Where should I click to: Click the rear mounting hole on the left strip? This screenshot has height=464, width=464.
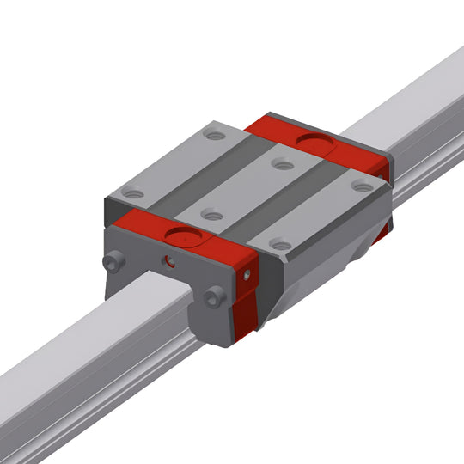pos(215,136)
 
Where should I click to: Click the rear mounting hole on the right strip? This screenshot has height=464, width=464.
pos(362,186)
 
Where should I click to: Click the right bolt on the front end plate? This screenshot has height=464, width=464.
pos(215,296)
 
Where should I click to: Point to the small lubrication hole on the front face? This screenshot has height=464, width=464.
pos(170,259)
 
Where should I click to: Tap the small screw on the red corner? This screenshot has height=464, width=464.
pos(247,274)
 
